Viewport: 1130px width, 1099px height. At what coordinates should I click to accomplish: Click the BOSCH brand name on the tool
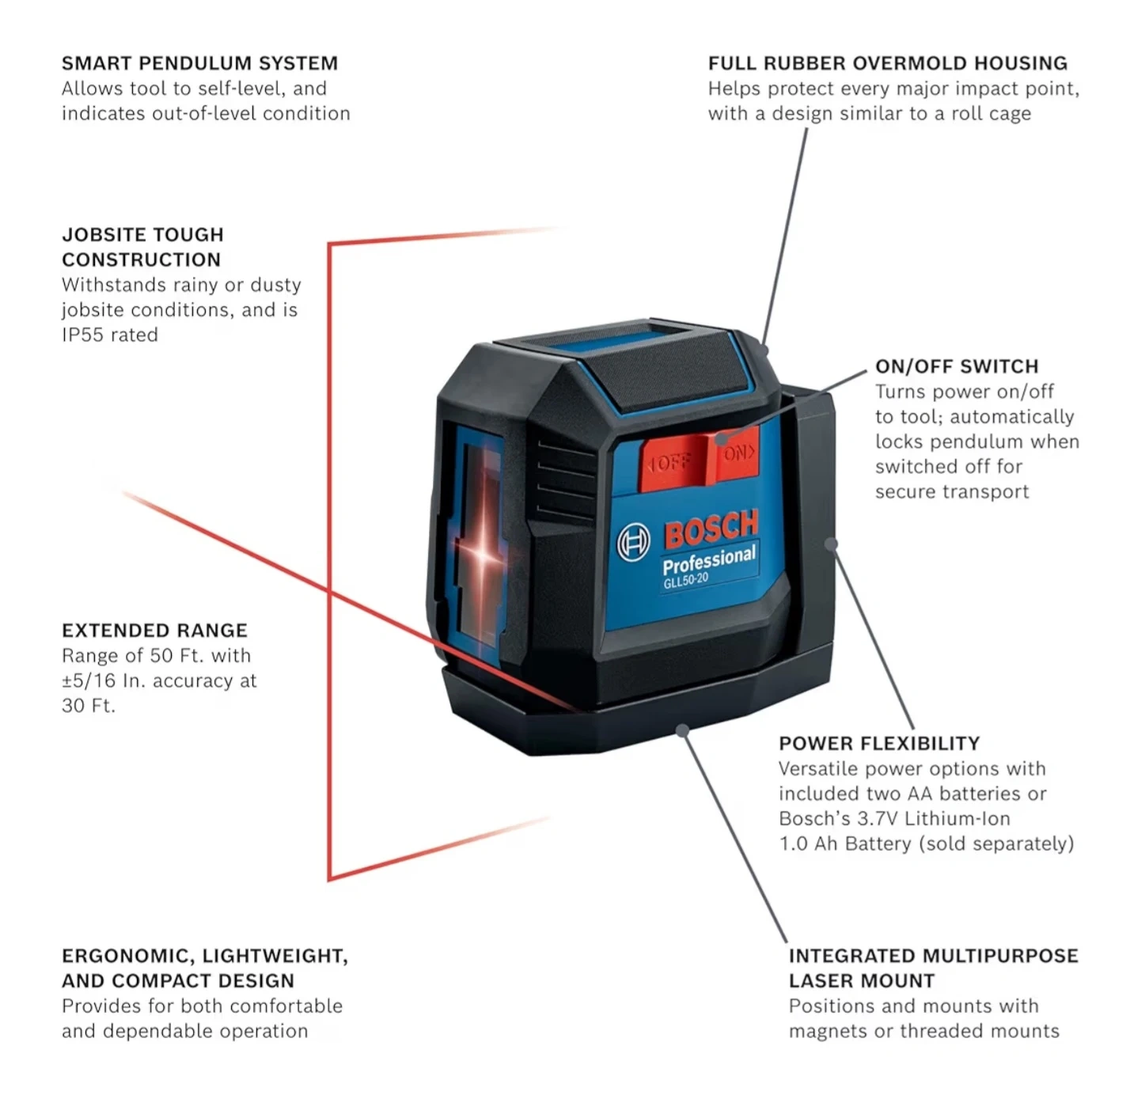[711, 529]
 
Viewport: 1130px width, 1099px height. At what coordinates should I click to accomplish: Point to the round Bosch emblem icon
[633, 543]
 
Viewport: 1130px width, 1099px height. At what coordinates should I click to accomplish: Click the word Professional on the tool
[709, 560]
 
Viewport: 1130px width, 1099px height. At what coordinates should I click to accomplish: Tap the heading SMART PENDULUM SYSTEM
[199, 63]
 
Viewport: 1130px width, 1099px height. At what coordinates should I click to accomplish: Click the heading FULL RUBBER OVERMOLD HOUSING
[887, 63]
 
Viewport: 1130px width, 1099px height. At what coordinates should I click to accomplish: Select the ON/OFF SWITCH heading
[956, 366]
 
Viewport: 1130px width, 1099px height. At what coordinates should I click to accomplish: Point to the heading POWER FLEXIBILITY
[878, 744]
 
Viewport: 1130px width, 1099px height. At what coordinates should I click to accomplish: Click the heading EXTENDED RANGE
[154, 631]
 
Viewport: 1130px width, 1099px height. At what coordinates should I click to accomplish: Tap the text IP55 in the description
[83, 335]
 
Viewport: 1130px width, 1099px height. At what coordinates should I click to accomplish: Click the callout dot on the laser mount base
[682, 730]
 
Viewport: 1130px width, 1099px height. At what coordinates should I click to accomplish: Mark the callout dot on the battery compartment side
[830, 544]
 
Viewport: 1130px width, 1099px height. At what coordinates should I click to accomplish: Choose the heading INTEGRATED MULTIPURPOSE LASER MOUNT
[932, 968]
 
